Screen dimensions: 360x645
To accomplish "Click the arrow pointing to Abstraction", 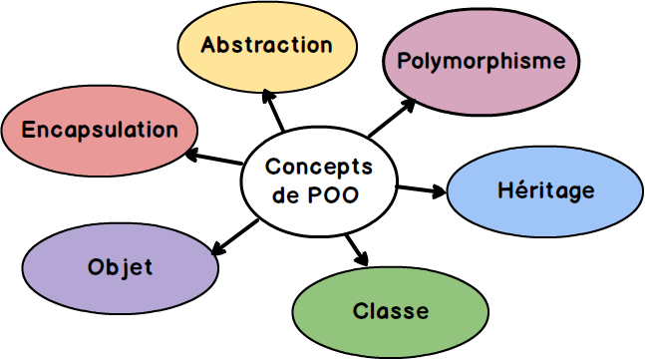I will click(274, 111).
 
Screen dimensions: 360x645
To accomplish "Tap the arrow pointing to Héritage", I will click(421, 188).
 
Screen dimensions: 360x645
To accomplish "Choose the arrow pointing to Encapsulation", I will click(215, 157).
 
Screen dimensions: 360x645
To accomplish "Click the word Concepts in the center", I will click(319, 168).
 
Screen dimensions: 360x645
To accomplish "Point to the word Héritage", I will click(545, 190).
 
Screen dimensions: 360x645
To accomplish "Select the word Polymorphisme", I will click(481, 61).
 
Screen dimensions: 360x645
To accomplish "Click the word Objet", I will click(120, 267).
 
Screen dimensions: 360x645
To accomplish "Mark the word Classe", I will click(391, 311).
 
